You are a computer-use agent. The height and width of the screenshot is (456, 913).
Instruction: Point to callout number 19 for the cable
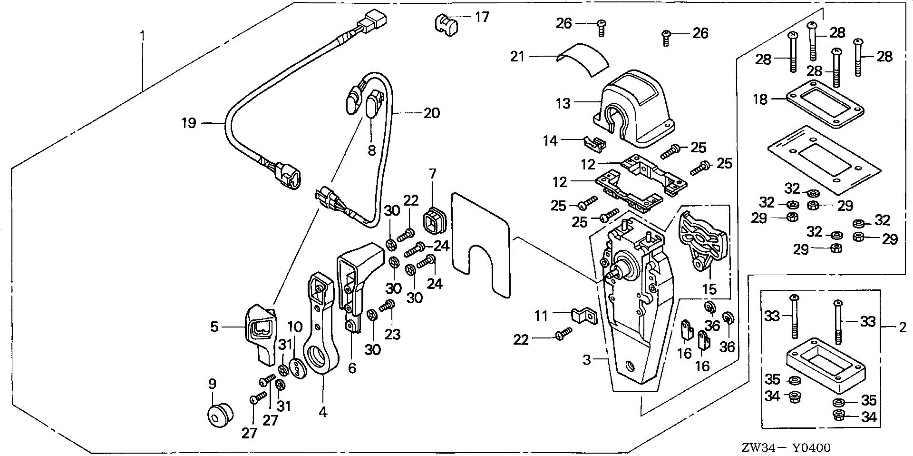click(x=189, y=124)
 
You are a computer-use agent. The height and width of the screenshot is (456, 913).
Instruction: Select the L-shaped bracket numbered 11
click(x=583, y=316)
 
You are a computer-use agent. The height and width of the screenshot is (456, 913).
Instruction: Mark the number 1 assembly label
click(x=141, y=36)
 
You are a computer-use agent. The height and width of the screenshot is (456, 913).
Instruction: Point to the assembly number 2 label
click(x=902, y=327)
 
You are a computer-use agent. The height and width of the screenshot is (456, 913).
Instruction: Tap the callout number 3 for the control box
click(x=587, y=360)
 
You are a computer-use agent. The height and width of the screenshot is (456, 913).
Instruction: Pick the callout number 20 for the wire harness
click(x=431, y=113)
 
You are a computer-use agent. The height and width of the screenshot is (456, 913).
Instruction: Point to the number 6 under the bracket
click(x=352, y=368)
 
